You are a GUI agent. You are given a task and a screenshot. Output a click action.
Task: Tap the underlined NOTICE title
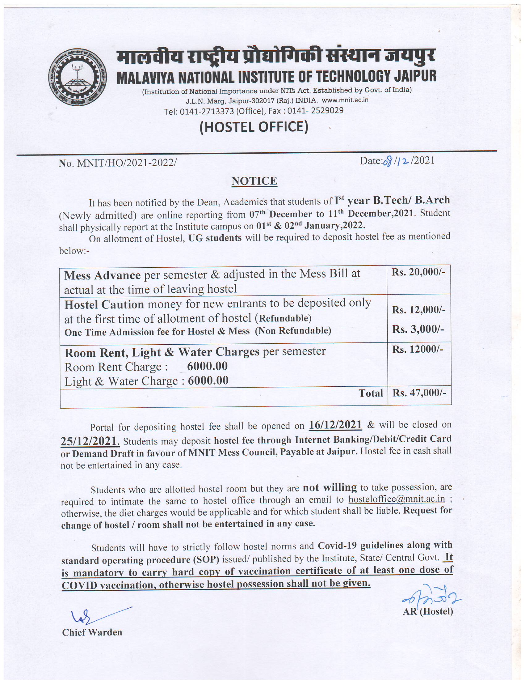(254, 181)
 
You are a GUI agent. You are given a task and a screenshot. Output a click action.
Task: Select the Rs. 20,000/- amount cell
(418, 272)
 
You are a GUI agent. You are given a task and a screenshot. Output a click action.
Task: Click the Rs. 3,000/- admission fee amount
(418, 329)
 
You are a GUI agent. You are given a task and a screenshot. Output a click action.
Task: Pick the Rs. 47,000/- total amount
(419, 393)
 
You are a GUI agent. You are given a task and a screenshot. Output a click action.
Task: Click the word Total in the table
(370, 393)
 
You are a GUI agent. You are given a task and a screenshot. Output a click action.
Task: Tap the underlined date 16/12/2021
(335, 425)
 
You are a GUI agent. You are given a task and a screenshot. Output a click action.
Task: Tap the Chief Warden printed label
(92, 632)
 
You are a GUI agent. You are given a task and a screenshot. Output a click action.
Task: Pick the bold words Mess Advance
(102, 275)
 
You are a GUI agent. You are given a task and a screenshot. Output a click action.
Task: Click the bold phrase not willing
(330, 487)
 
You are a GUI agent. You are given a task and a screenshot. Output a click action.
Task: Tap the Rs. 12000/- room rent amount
(417, 350)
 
